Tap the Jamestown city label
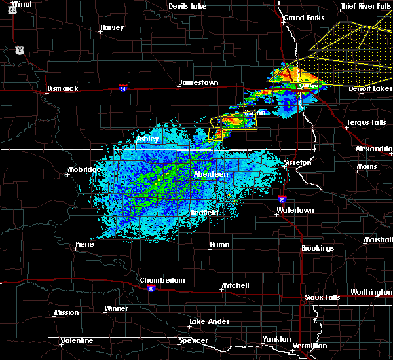(198, 83)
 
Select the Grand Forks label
(303, 17)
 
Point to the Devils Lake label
(188, 6)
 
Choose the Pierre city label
(84, 244)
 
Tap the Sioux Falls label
(322, 297)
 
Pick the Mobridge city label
(84, 170)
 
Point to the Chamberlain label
(162, 280)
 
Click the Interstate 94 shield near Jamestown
(123, 86)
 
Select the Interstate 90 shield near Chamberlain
(151, 288)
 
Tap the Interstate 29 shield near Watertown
(282, 200)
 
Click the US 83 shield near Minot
(20, 50)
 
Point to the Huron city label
(219, 245)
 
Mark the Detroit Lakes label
(367, 88)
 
